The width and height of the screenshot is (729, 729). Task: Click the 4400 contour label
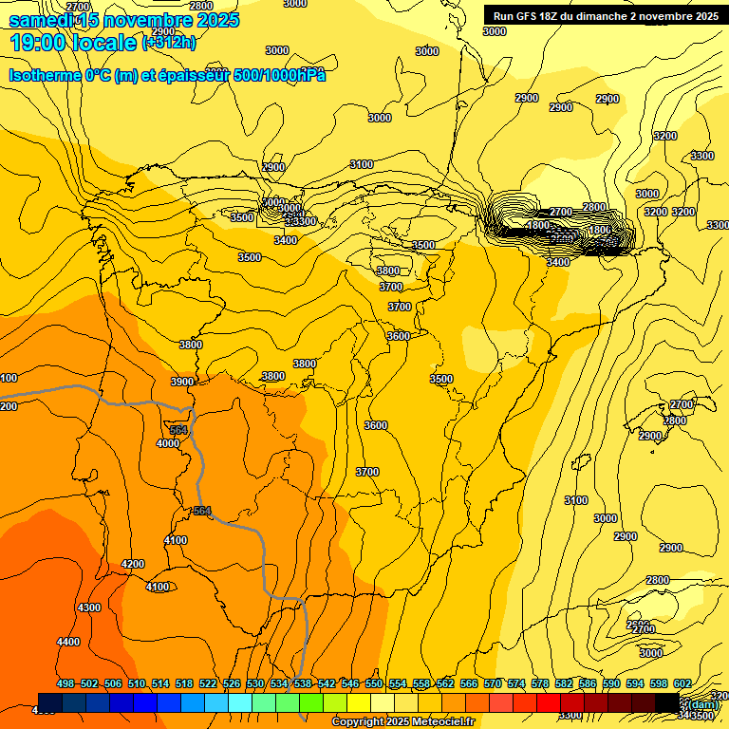(68, 643)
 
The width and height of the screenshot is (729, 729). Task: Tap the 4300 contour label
(89, 607)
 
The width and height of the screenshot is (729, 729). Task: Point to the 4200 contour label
(133, 565)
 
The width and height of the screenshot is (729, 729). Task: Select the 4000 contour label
(168, 443)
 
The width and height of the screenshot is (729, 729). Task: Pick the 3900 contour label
(182, 382)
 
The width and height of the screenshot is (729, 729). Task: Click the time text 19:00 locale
(73, 42)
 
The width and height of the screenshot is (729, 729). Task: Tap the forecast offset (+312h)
(170, 43)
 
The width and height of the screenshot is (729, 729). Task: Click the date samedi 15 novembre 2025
(124, 20)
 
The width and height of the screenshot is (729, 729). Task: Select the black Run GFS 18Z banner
(602, 15)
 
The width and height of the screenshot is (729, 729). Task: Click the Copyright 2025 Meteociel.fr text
(402, 722)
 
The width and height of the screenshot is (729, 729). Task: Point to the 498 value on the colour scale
(65, 683)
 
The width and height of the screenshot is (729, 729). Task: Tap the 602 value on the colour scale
(682, 683)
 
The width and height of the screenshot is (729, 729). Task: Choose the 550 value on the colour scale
(374, 683)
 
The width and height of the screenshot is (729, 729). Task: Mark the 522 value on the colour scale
(208, 683)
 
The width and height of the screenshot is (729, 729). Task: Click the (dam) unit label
(702, 704)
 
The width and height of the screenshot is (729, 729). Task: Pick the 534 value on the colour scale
(279, 683)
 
